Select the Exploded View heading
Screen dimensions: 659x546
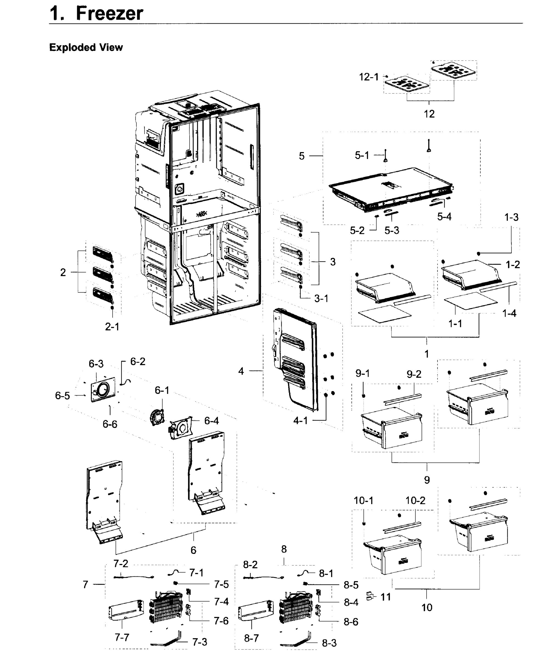[x=86, y=48]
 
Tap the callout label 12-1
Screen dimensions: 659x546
[x=369, y=77]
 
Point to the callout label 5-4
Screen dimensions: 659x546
[x=444, y=217]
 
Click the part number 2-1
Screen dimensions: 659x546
[x=112, y=327]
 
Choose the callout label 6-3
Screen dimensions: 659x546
[x=96, y=364]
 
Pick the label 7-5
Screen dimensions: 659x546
[x=221, y=584]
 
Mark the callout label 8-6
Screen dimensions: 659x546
[x=351, y=622]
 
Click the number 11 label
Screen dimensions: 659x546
[x=386, y=597]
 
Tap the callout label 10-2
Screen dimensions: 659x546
[x=415, y=500]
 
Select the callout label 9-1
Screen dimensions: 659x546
[x=362, y=373]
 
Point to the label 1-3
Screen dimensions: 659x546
[x=511, y=217]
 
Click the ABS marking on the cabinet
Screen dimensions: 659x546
[x=201, y=214]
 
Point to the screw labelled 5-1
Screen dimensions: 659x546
[x=385, y=156]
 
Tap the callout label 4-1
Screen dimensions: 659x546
[x=300, y=420]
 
